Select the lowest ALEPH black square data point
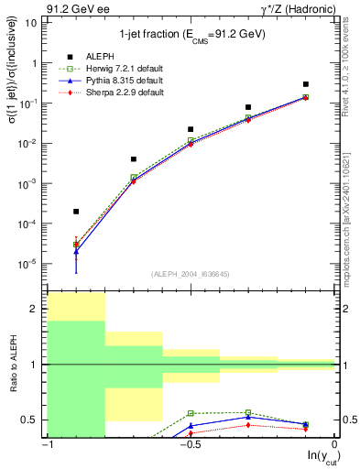tap(76, 212)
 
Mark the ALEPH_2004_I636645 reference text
tap(191, 275)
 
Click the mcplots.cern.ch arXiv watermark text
tap(351, 211)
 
